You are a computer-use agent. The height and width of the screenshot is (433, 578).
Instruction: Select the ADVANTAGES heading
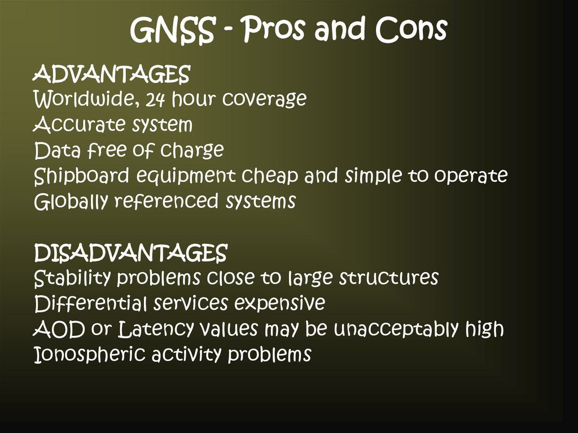[x=112, y=74]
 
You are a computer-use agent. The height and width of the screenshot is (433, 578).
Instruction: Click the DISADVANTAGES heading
[x=130, y=253]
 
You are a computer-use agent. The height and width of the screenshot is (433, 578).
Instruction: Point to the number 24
[x=154, y=100]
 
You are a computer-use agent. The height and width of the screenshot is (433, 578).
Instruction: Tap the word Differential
[x=90, y=304]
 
